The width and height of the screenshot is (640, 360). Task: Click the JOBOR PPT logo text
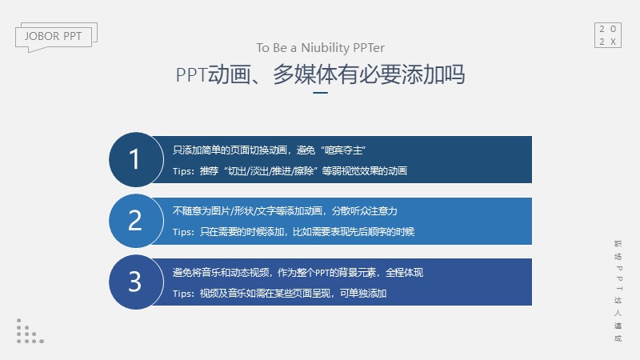pos(53,36)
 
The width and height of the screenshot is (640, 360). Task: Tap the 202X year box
pos(608,35)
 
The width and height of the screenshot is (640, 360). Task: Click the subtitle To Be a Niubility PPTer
pos(321,48)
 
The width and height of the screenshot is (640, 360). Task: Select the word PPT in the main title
pos(191,74)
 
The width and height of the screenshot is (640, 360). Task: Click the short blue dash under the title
pos(321,93)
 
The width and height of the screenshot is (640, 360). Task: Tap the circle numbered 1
pos(136,159)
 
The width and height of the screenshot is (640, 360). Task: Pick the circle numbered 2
pos(136,221)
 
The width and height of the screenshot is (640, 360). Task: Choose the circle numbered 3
pos(136,282)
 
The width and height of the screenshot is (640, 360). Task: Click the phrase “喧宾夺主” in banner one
pos(343,150)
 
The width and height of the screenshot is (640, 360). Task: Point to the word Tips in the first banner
pos(182,171)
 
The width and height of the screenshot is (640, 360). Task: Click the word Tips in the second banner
pos(182,232)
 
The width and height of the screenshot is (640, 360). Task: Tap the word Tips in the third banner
pos(182,294)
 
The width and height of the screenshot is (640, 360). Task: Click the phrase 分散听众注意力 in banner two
pos(365,211)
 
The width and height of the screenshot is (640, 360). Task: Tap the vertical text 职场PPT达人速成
pos(618,291)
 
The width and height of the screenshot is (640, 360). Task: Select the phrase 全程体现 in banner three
pos(405,273)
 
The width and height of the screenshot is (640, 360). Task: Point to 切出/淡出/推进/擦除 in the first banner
pos(270,171)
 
